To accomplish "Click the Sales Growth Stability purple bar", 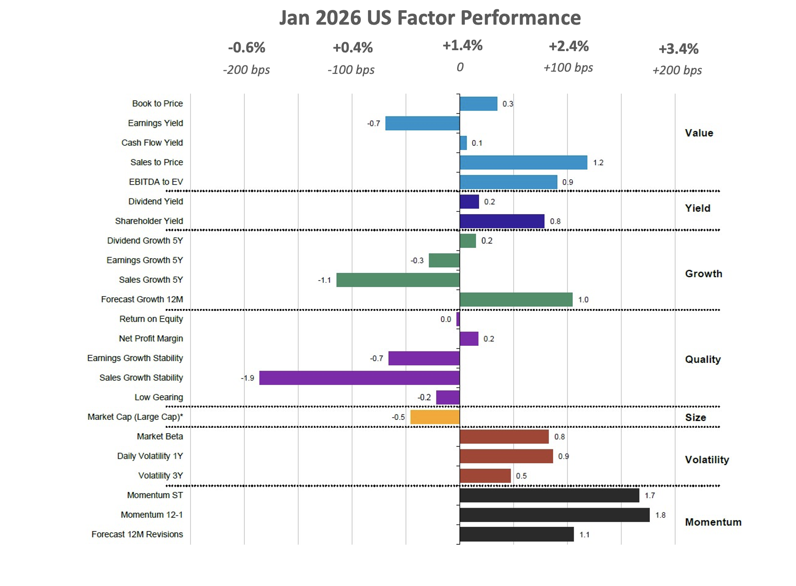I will tap(359, 378).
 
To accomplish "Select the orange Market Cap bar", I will tap(435, 417).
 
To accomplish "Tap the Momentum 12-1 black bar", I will tap(554, 515).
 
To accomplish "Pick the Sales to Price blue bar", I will tap(523, 163).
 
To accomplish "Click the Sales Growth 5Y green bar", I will tap(398, 280).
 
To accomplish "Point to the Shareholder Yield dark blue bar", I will tap(502, 221).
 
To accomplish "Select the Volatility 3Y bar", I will tap(485, 476).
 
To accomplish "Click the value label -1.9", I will tap(248, 378).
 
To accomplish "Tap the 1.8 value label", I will tap(660, 515).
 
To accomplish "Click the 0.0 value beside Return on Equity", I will tap(446, 319).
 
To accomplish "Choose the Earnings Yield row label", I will tap(155, 123).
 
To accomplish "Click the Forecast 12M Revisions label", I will tap(137, 534).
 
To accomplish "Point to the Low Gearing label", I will tap(159, 397).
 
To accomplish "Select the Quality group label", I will tap(702, 359).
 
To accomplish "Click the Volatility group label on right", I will tap(707, 460).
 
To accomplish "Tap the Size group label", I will tap(695, 418).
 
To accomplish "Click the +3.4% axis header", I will tap(678, 49).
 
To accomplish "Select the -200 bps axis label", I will tap(246, 70).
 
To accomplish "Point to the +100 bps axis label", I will tap(568, 68).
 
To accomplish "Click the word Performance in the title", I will tap(520, 18).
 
